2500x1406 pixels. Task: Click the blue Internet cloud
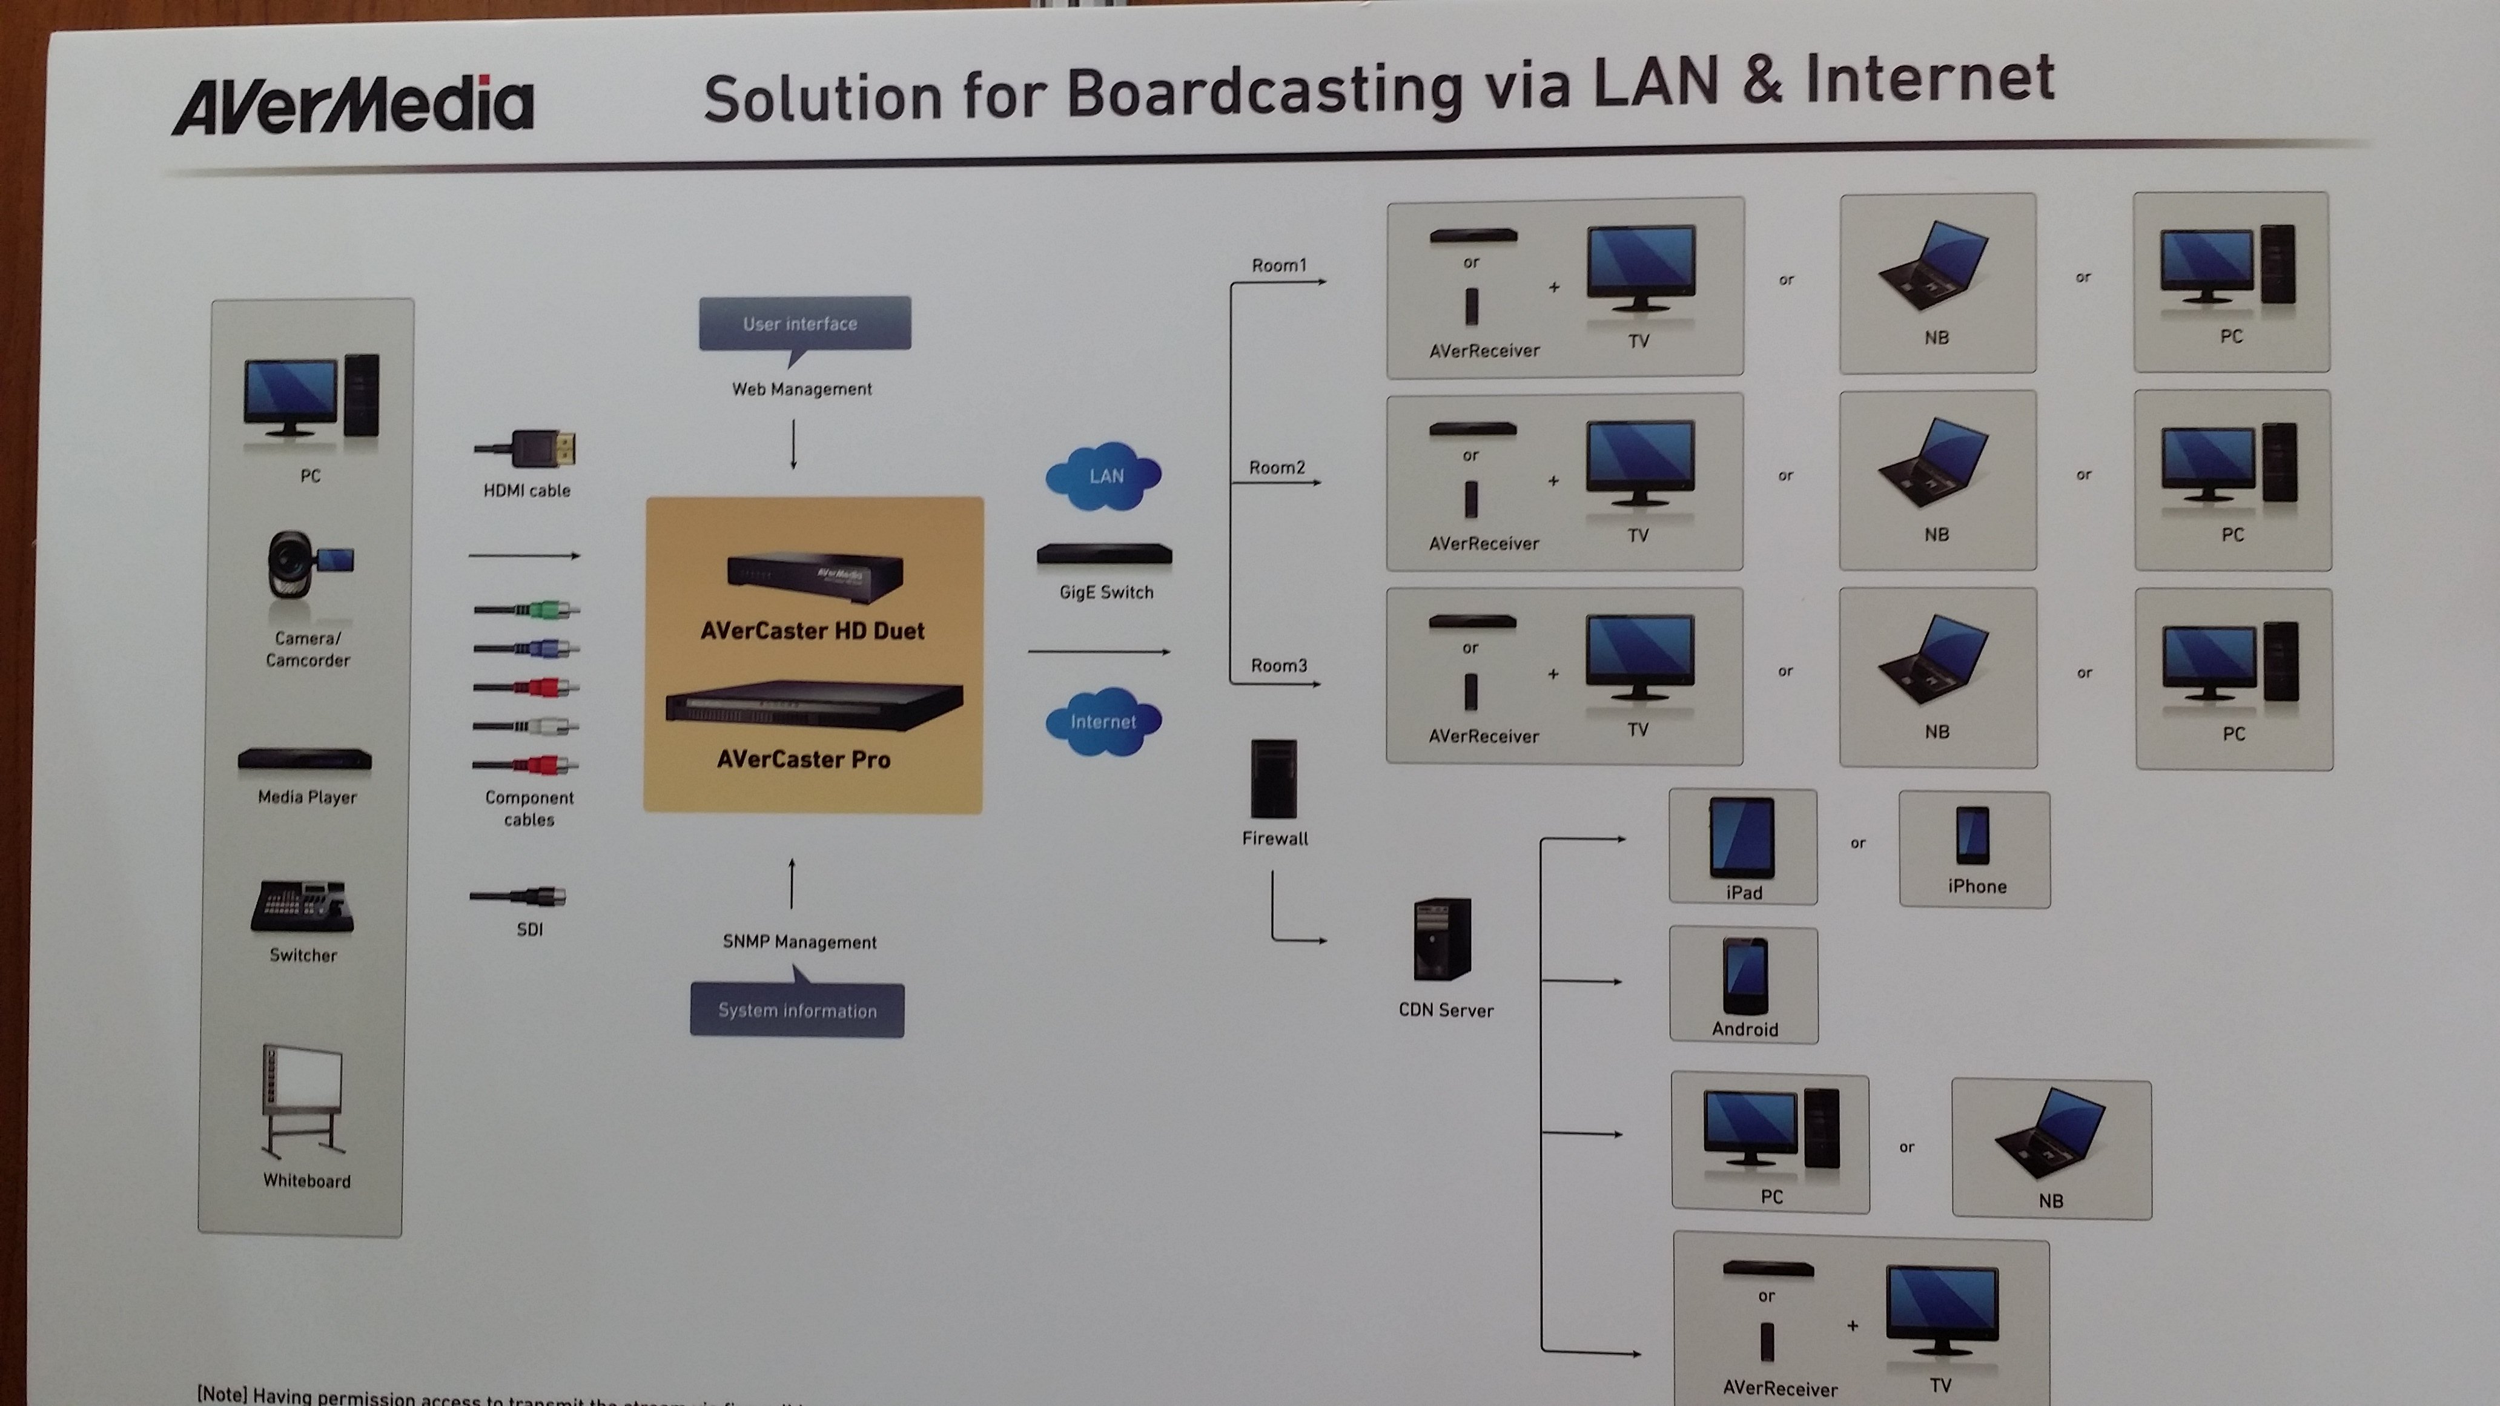tap(1103, 721)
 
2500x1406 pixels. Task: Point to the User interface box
tap(804, 324)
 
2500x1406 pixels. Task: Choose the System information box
tap(797, 1010)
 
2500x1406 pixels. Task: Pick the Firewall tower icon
tap(1273, 779)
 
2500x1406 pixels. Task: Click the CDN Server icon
tap(1443, 939)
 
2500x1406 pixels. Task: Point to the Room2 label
tap(1277, 467)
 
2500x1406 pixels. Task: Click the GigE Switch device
tap(1105, 555)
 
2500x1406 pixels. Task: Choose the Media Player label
tap(306, 797)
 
